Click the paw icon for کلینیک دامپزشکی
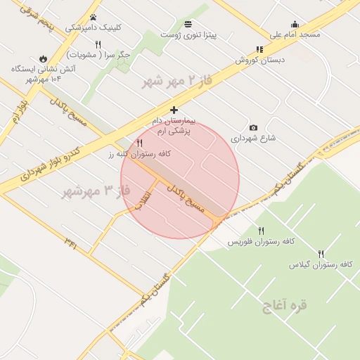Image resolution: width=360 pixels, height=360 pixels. (93, 18)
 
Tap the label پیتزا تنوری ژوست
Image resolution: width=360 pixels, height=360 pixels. (188, 34)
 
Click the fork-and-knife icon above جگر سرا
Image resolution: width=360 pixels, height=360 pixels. (98, 44)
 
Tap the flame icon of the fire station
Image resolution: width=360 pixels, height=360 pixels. (44, 59)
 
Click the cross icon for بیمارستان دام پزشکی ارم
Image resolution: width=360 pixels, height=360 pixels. (174, 110)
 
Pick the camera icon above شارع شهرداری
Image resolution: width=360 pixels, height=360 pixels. (253, 128)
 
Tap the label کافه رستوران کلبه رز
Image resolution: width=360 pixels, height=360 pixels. (141, 153)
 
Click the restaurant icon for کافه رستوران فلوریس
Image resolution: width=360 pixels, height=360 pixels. (262, 231)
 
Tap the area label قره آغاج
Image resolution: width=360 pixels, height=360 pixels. (285, 306)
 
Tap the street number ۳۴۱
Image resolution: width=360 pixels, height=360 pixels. (71, 243)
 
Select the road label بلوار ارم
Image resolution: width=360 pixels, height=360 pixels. (18, 113)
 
